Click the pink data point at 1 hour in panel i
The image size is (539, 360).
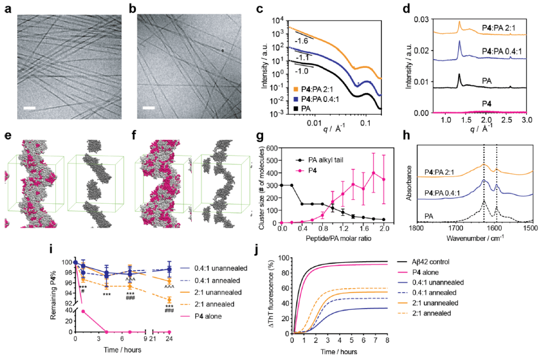pyautogui.click(x=83, y=311)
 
